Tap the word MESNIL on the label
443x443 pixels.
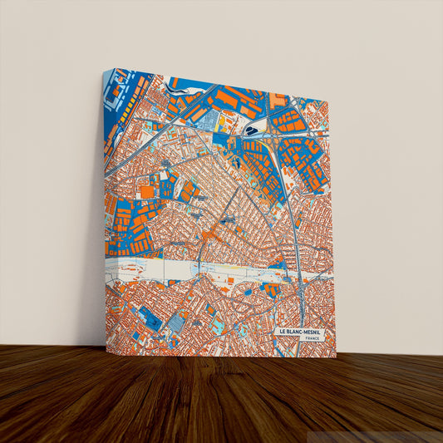[317, 332]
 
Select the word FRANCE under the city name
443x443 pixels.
[313, 340]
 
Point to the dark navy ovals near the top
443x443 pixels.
[250, 130]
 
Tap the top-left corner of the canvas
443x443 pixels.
[103, 70]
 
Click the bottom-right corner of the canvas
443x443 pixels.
[336, 357]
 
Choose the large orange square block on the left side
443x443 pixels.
[147, 192]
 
